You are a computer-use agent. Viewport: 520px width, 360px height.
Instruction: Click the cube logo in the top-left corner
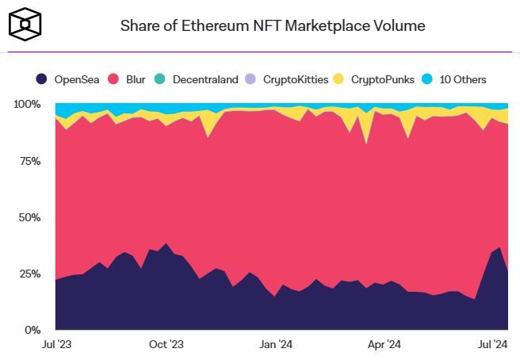(26, 24)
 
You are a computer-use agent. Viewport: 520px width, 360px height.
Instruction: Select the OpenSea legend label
(75, 79)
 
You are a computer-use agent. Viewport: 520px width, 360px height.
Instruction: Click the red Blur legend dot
(113, 79)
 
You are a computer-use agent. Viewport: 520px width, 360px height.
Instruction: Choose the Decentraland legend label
(205, 79)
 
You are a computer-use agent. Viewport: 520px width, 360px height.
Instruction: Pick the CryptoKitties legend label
(297, 79)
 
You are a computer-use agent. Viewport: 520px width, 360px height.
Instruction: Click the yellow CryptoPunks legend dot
(338, 79)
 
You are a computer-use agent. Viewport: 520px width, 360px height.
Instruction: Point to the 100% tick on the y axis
(27, 105)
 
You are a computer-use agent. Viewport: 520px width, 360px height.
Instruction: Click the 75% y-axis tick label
(30, 161)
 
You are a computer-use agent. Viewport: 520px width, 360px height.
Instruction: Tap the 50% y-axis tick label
(30, 217)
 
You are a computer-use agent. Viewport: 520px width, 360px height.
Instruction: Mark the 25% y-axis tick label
(30, 274)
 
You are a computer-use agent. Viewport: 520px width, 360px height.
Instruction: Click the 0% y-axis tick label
(32, 330)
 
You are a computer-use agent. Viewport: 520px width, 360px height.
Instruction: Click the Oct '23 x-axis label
(166, 345)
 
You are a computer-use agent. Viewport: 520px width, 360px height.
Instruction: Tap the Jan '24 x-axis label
(275, 345)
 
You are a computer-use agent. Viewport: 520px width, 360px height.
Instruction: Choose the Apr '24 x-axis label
(384, 345)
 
